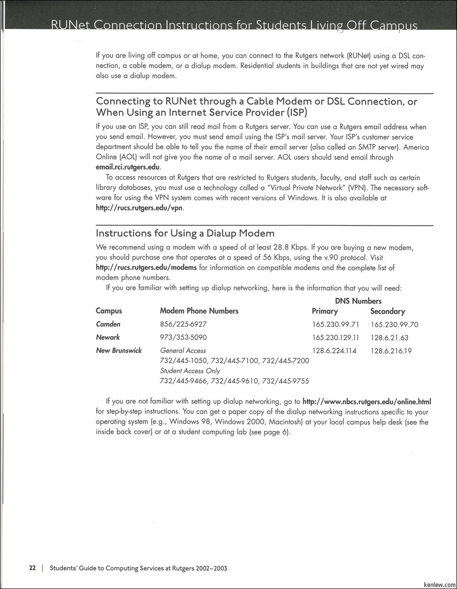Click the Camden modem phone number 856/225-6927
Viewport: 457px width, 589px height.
tap(183, 324)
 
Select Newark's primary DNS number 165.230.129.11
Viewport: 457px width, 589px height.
tap(336, 338)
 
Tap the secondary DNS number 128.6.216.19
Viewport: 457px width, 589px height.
tap(391, 351)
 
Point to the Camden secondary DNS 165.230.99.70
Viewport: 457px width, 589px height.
tap(395, 324)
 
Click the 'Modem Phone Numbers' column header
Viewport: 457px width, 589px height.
tap(199, 311)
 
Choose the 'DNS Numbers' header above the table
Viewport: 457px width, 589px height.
tap(358, 301)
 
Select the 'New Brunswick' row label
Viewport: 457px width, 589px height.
tap(119, 350)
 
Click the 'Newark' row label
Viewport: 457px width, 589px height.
tap(108, 337)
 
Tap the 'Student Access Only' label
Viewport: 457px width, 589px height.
tap(190, 371)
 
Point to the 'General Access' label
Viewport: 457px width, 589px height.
tap(183, 351)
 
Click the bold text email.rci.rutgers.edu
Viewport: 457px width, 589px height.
tap(128, 167)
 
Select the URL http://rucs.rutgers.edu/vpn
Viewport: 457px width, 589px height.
tap(140, 208)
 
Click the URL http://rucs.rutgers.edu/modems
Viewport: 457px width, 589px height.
tap(146, 268)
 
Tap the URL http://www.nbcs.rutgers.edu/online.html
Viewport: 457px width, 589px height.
tap(367, 402)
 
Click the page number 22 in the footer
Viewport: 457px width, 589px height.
tap(32, 568)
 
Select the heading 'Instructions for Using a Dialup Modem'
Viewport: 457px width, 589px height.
tap(185, 233)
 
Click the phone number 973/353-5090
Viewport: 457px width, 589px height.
tap(183, 338)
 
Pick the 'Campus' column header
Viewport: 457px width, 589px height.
tap(109, 311)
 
